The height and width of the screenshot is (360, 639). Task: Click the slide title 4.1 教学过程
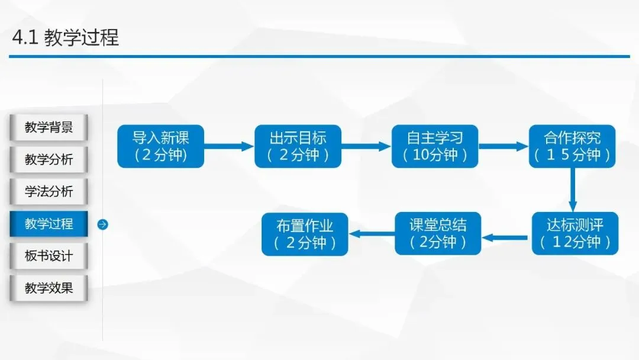coord(66,37)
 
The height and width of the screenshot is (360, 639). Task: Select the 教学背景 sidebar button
coord(49,127)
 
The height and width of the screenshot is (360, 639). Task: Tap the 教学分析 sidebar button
coord(49,159)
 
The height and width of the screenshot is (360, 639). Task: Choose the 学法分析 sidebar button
coord(49,191)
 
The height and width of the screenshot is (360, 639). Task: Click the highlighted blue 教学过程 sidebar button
coord(49,224)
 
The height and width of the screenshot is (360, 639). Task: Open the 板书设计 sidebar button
coord(49,256)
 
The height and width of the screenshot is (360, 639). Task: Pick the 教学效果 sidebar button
coord(49,288)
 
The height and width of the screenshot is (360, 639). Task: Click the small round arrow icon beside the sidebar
coord(102,224)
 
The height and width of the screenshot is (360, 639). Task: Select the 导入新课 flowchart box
coord(161,146)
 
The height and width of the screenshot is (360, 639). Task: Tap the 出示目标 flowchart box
coord(298,146)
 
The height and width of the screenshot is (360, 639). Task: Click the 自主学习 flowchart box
coord(435,146)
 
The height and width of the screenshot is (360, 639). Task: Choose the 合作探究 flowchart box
coord(572,146)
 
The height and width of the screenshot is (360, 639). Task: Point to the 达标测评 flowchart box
coord(575,233)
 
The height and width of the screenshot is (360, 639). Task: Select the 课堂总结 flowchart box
coord(438,233)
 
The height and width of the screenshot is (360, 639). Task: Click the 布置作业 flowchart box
coord(305,233)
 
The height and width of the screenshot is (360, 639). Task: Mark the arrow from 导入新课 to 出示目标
coord(230,146)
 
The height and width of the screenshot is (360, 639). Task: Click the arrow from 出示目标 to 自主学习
coord(366,146)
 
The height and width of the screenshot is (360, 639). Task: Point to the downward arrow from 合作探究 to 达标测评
coord(573,189)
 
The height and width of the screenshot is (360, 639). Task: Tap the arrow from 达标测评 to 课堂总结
coord(506,237)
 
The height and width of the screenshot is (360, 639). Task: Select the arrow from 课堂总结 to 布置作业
coord(372,234)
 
